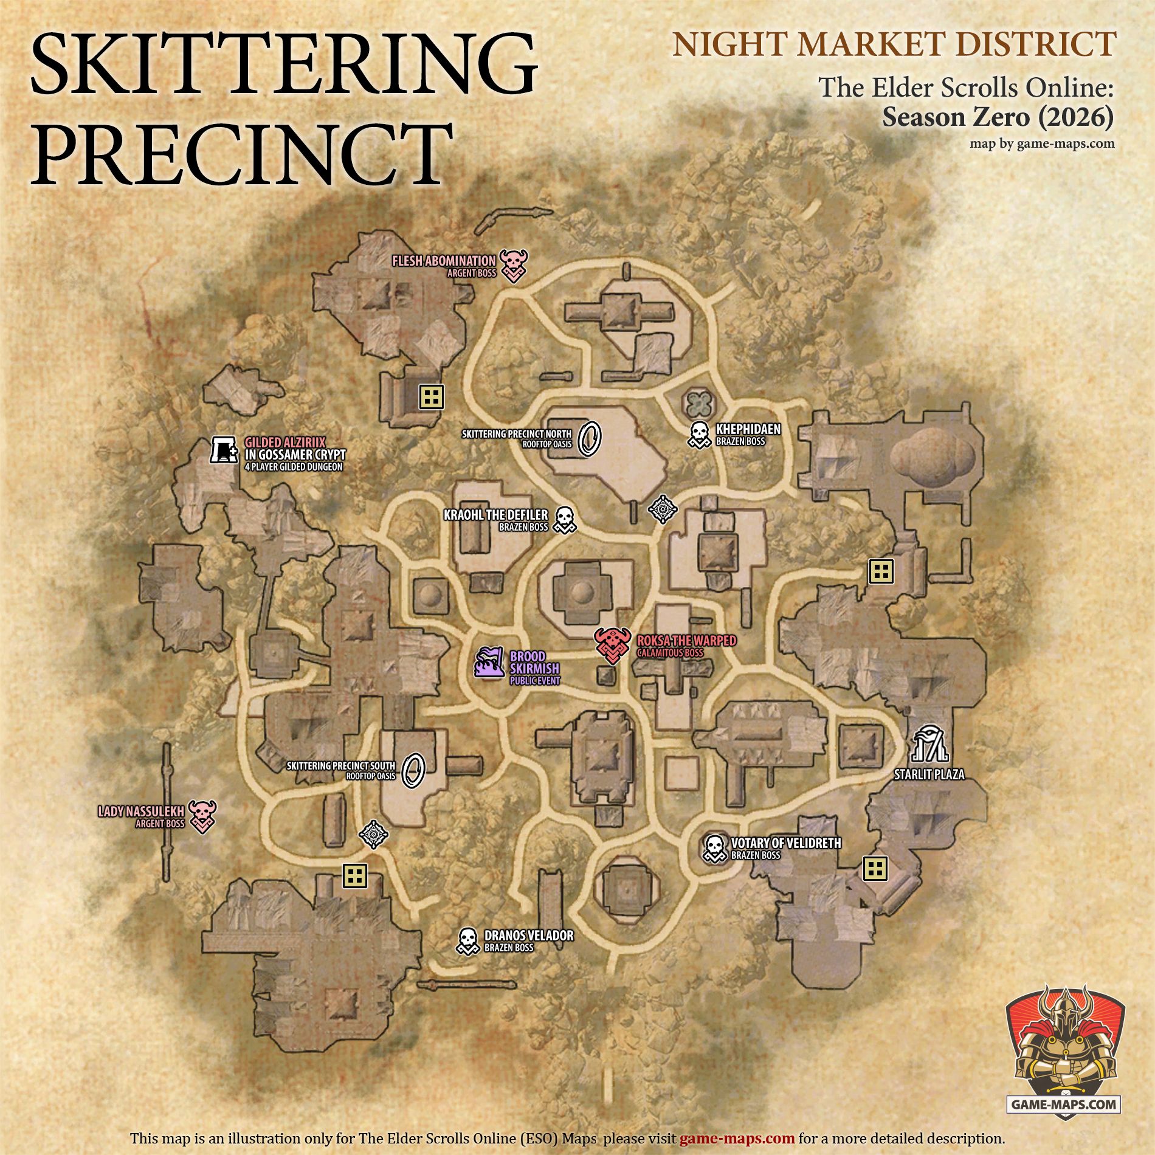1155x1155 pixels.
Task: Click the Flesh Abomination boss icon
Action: tap(514, 265)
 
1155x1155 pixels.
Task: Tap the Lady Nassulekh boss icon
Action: tap(202, 816)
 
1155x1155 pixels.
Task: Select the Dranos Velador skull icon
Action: tap(467, 940)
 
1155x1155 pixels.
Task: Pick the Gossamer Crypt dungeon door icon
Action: tap(224, 450)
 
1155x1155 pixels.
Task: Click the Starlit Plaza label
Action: tap(929, 775)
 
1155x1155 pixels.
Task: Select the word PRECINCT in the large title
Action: tap(242, 154)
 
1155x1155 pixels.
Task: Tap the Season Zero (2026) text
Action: tap(998, 117)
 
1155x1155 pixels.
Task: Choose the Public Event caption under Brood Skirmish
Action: tap(534, 681)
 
